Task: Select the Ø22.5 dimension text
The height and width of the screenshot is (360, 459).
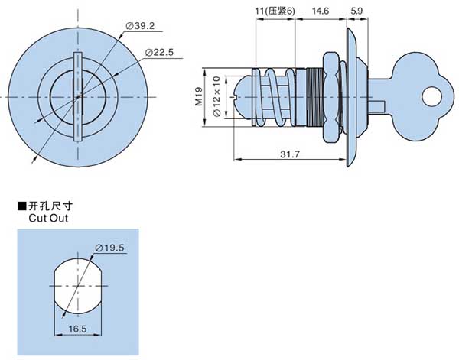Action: pos(158,52)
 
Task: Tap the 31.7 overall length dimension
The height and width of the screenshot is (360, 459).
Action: pos(288,155)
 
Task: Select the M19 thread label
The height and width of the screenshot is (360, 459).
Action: pos(197,96)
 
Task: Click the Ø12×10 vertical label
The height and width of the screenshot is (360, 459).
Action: pos(216,96)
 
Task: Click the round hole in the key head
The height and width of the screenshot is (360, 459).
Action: pos(432,96)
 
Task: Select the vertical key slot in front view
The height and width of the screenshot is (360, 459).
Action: pos(76,96)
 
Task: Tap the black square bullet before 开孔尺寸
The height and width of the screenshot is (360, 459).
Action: pos(21,206)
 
